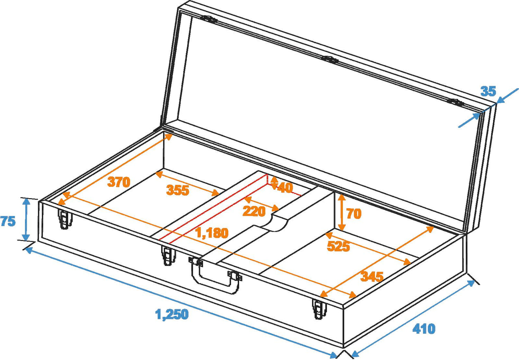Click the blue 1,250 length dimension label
(x=172, y=314)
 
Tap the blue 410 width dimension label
(x=424, y=329)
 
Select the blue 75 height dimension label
(x=8, y=221)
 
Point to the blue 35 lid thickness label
(x=488, y=91)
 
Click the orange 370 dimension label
(x=119, y=182)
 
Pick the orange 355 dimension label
(x=178, y=190)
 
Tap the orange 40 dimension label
(x=285, y=188)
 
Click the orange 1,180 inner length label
(x=212, y=233)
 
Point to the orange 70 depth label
(x=354, y=213)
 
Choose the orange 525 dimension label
(x=338, y=246)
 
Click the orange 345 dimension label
(x=372, y=276)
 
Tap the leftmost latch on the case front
(x=65, y=219)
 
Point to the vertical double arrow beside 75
(x=27, y=220)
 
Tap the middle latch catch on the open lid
(x=331, y=59)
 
